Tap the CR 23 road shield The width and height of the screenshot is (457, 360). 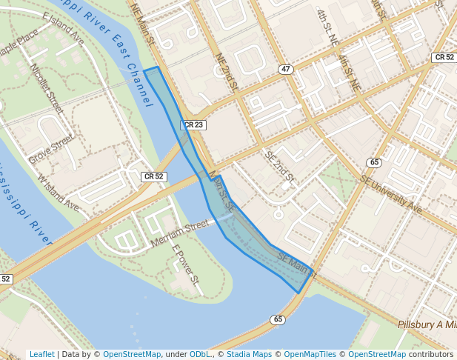pos(193,125)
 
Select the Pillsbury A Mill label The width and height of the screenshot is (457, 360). pos(427,325)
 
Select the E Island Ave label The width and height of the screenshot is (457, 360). pos(64,29)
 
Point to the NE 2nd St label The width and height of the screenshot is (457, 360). pos(225,73)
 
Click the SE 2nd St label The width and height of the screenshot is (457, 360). pos(280,168)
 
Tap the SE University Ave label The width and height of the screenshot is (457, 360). pos(390,194)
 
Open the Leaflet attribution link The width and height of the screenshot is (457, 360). pos(41,354)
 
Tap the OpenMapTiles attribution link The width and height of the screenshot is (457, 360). pos(310,354)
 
